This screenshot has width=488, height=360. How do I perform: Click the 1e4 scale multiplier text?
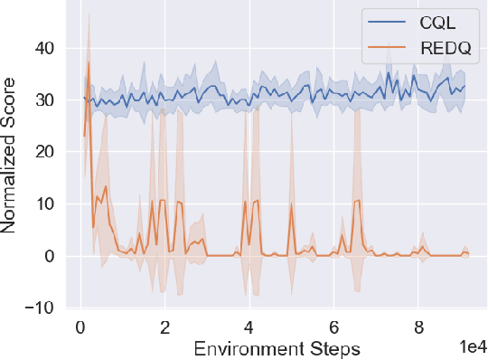[468, 346]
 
